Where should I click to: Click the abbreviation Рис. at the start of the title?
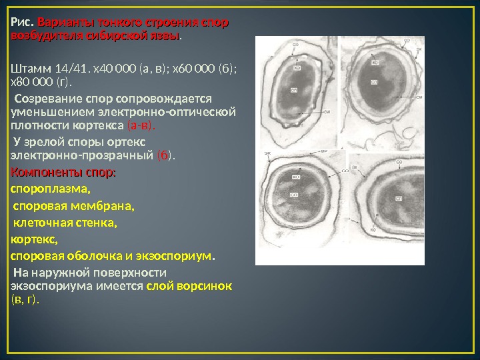[22, 23]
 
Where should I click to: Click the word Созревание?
[51, 99]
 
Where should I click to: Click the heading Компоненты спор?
[63, 173]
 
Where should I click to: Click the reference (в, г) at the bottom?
[25, 300]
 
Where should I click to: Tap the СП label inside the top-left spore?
[294, 89]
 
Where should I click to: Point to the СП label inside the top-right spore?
[374, 81]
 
